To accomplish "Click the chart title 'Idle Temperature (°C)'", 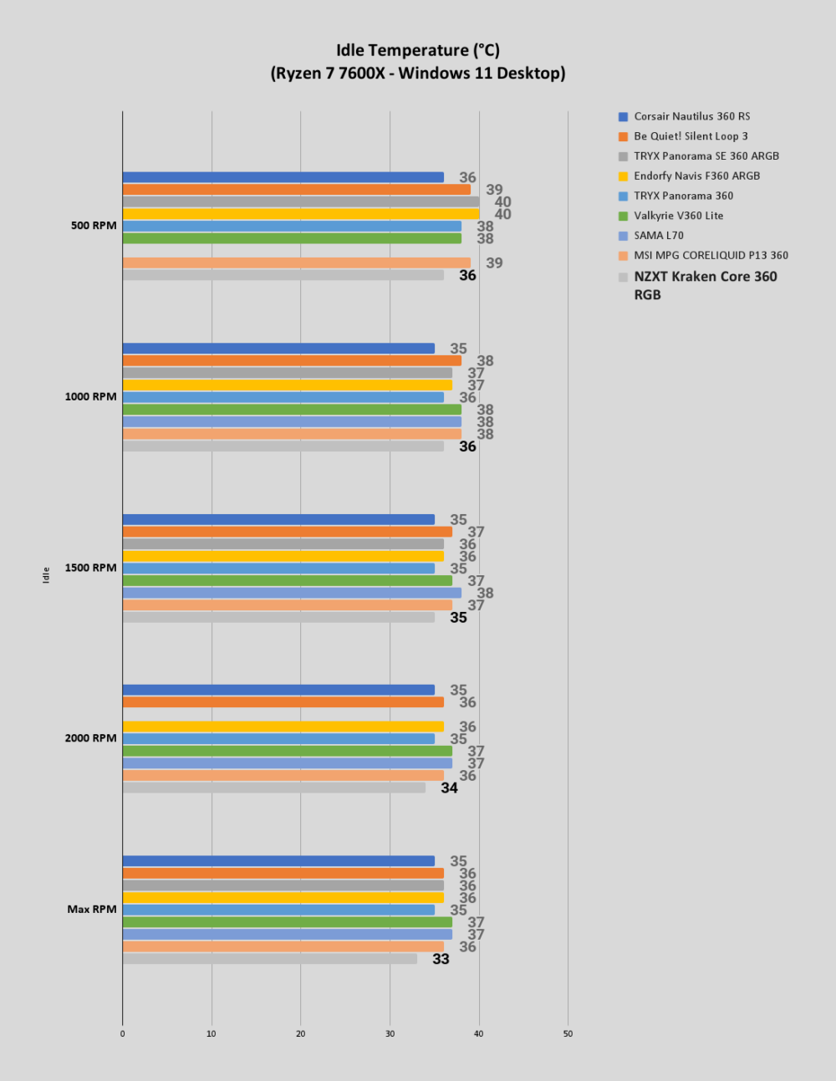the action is click(x=418, y=50).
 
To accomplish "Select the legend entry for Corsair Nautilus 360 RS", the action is click(x=685, y=116).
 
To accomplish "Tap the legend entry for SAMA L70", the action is click(x=651, y=236).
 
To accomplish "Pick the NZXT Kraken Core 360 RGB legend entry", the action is click(x=698, y=286).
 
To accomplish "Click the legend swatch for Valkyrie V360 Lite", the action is click(x=623, y=216).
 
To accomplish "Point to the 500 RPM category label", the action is click(x=94, y=226).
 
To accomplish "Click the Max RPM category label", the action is click(x=92, y=909).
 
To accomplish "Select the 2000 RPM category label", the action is click(x=90, y=737).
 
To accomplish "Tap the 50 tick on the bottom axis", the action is click(x=568, y=1033).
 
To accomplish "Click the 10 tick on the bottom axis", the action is click(x=212, y=1033).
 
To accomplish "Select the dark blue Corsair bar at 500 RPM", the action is click(x=283, y=177).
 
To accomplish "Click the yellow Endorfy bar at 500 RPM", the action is click(x=301, y=214).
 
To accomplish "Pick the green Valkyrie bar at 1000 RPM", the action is click(x=292, y=410).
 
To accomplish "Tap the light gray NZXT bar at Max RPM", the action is click(x=270, y=959).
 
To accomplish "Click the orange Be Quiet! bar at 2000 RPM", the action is click(x=283, y=702).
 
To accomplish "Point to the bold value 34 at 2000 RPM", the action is click(x=449, y=788).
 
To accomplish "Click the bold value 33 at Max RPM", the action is click(x=441, y=959).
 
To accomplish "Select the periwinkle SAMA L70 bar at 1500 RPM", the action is click(x=292, y=593).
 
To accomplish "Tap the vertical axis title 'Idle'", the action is click(x=46, y=574).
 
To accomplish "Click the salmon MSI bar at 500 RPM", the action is click(x=297, y=263).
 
